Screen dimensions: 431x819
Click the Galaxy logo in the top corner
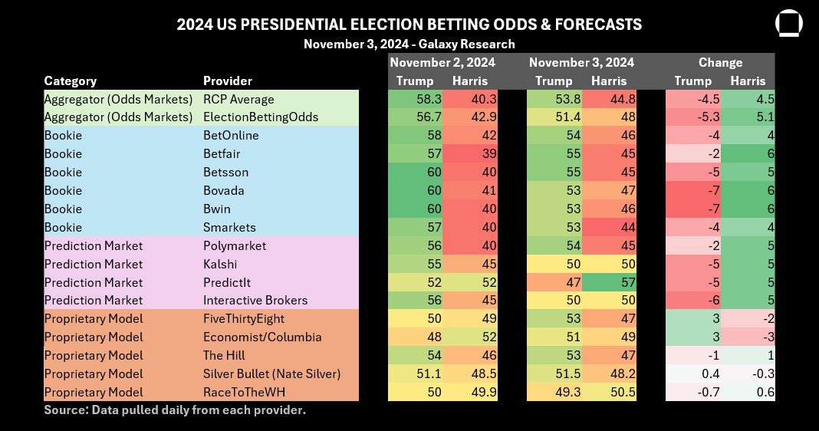tap(788, 23)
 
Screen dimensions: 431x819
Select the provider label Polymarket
tap(235, 245)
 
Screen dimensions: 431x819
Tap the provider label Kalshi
tap(220, 264)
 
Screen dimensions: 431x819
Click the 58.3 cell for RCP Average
tap(416, 99)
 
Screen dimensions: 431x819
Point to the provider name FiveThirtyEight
tap(243, 319)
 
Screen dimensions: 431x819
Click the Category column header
tap(71, 81)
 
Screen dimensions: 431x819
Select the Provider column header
tap(227, 81)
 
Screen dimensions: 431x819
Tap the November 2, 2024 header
tap(442, 62)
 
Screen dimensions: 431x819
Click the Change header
tap(720, 62)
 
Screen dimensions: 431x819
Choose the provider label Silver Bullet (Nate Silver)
tap(271, 373)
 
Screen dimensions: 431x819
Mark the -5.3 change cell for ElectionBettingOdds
tap(693, 117)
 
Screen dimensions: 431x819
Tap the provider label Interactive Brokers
tap(255, 301)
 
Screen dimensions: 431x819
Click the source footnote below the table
tap(175, 410)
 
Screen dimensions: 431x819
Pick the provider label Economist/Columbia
tap(262, 337)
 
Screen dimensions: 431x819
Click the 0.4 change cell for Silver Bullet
tap(693, 373)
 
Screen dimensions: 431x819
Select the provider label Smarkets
tap(229, 227)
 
